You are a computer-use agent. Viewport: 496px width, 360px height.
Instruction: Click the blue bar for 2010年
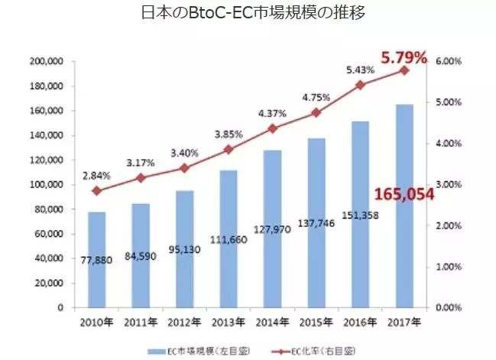(x=96, y=260)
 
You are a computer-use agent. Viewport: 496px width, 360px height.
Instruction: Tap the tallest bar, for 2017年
(x=404, y=206)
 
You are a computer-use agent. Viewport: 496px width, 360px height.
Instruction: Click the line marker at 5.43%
(x=361, y=85)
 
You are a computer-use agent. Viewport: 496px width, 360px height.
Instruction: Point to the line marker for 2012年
(x=185, y=168)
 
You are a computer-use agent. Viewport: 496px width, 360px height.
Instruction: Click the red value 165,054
(x=404, y=194)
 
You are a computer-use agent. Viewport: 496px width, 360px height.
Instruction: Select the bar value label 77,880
(x=96, y=260)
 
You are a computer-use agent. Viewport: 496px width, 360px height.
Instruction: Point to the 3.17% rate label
(x=141, y=163)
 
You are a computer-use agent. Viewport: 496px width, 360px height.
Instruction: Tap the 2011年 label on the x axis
(x=141, y=322)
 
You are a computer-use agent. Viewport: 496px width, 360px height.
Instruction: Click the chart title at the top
(x=248, y=14)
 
